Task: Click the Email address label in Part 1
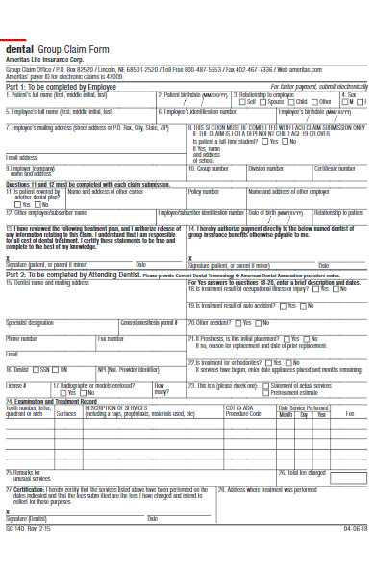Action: tap(24, 156)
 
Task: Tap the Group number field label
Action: tap(212, 168)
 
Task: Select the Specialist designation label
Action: tap(30, 322)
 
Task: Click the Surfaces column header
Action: tap(66, 413)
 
